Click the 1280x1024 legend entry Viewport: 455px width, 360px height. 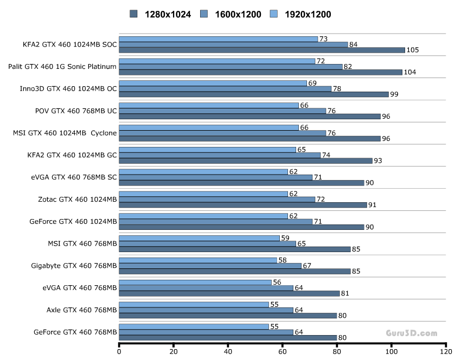(161, 14)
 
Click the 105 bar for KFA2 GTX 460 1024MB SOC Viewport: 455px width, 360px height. (262, 50)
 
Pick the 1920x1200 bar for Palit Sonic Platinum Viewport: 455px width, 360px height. (217, 61)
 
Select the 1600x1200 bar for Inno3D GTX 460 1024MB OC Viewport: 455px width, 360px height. (225, 89)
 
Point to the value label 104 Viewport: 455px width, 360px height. (411, 72)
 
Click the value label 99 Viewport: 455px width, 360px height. (394, 94)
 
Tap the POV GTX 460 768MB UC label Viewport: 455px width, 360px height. (76, 111)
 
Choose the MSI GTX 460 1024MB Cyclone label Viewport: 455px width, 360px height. (65, 133)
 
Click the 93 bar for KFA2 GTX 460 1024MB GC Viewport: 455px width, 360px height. (246, 160)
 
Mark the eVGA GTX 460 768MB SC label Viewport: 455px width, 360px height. (75, 177)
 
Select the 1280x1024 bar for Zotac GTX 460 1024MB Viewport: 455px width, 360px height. (243, 205)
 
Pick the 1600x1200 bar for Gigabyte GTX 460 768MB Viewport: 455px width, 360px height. (210, 266)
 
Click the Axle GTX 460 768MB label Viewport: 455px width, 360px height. (81, 310)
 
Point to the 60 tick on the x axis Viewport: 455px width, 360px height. (283, 351)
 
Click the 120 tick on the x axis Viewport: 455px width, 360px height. (445, 351)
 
